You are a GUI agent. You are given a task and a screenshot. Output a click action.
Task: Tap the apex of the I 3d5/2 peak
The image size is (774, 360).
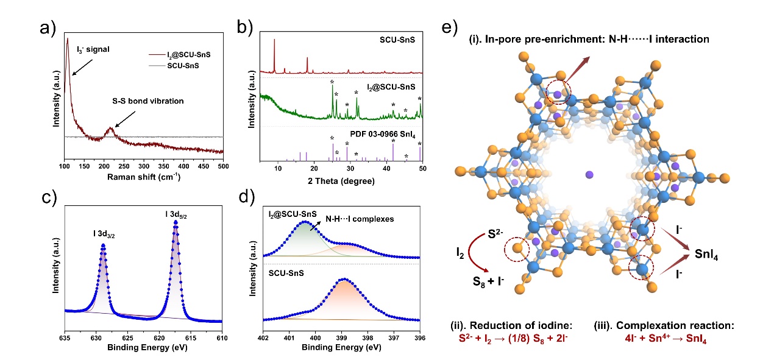pyautogui.click(x=176, y=222)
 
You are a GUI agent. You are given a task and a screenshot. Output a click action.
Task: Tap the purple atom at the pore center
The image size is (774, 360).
pyautogui.click(x=589, y=175)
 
